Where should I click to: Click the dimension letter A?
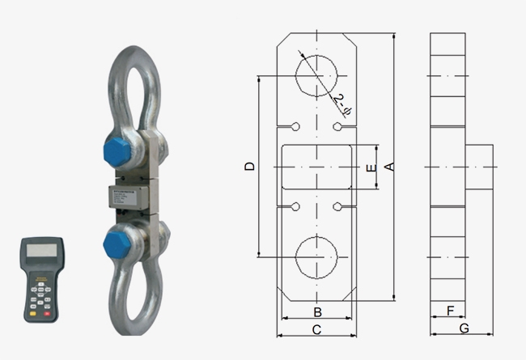click(x=388, y=167)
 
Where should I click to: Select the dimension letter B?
click(x=318, y=312)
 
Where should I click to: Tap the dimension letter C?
click(x=317, y=329)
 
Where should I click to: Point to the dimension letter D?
click(x=250, y=167)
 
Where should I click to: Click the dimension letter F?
click(x=450, y=310)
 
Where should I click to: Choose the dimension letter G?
click(x=463, y=328)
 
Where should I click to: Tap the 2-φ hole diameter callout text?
click(x=343, y=103)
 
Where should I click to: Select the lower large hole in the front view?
click(x=317, y=258)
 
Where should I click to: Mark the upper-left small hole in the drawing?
click(x=296, y=127)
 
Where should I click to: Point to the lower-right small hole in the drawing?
click(x=338, y=207)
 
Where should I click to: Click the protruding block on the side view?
click(x=480, y=167)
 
